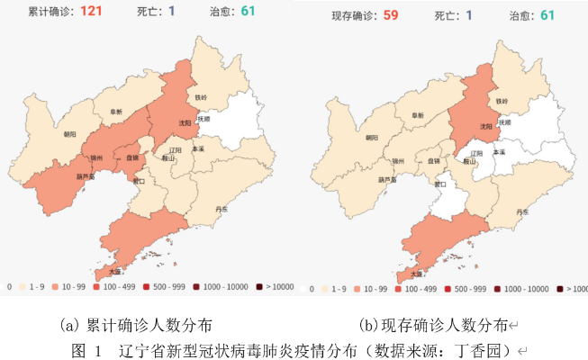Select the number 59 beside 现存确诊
pyautogui.click(x=391, y=14)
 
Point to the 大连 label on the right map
pyautogui.click(x=416, y=272)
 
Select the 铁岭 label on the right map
pyautogui.click(x=501, y=101)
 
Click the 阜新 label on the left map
pyautogui.click(x=117, y=112)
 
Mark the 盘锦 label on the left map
pyautogui.click(x=131, y=158)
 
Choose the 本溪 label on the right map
pyautogui.click(x=499, y=153)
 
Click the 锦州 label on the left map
pyautogui.click(x=97, y=158)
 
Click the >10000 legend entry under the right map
pyautogui.click(x=568, y=290)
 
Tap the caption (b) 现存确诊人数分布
pyautogui.click(x=433, y=324)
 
